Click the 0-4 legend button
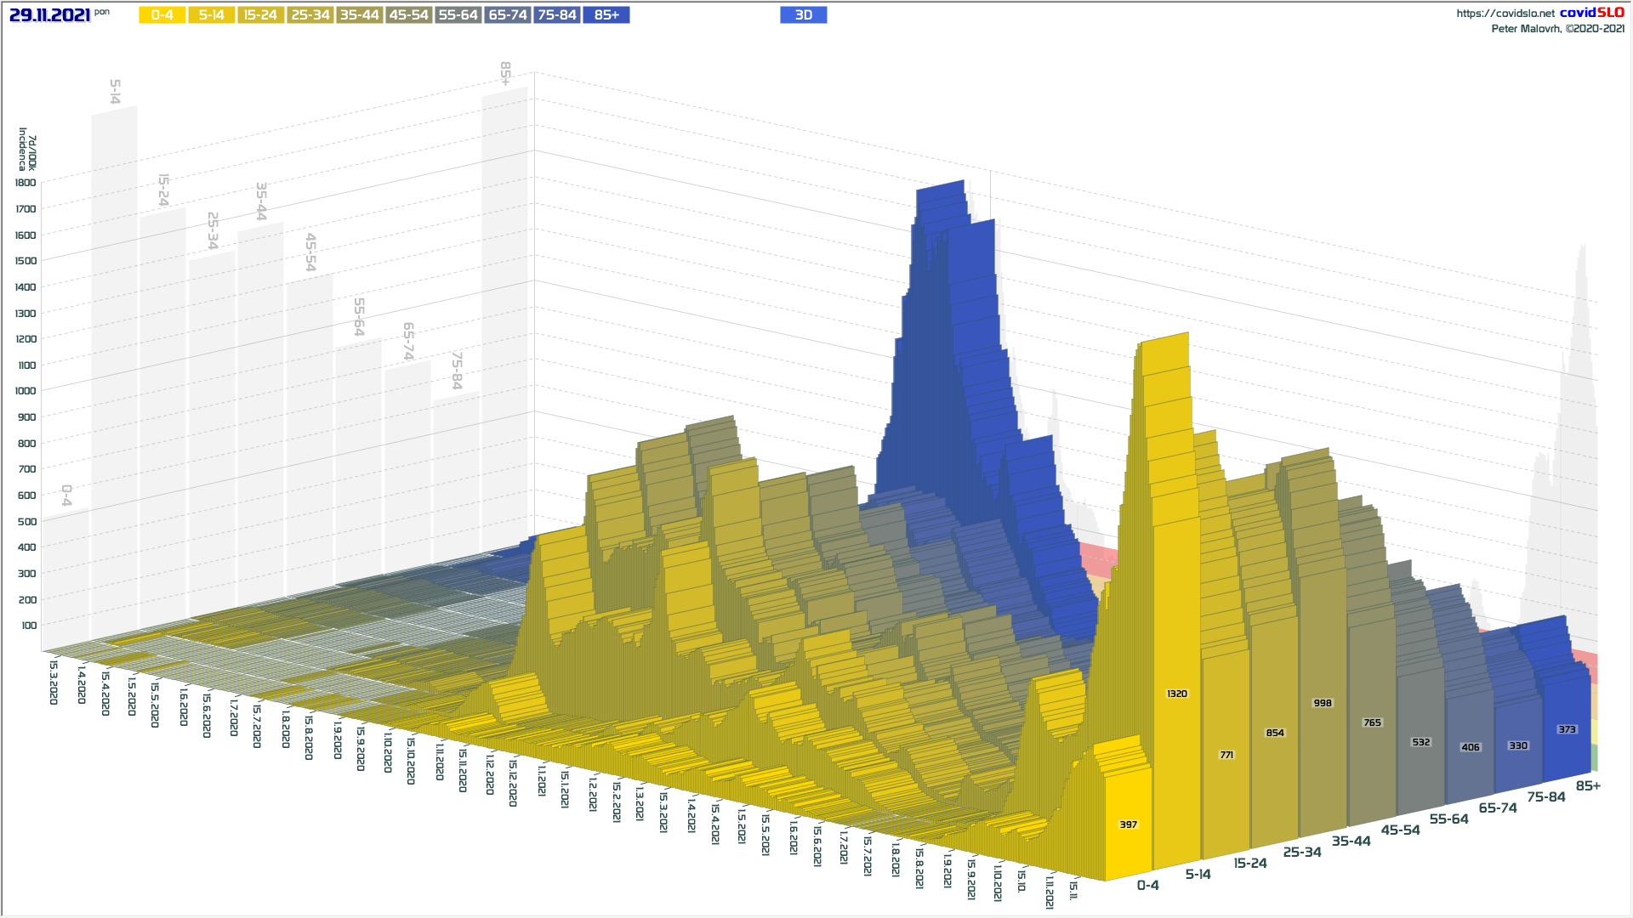[162, 15]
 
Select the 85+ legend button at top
[606, 15]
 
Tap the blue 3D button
[803, 15]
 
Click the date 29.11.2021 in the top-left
[50, 15]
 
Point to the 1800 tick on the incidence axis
[26, 183]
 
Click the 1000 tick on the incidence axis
[26, 391]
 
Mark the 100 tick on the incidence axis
[29, 626]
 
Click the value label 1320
[1176, 694]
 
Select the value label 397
[1128, 824]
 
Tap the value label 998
[1323, 704]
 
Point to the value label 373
[1567, 729]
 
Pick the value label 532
[1420, 742]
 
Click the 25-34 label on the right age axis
[1302, 852]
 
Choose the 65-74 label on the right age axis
[1498, 807]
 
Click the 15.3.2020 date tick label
[54, 683]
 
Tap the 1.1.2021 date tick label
[542, 779]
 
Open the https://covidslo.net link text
[1505, 14]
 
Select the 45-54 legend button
[409, 15]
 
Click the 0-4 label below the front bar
[1147, 886]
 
